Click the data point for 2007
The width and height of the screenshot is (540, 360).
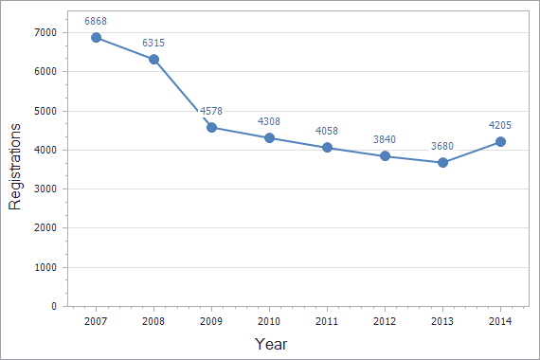(96, 37)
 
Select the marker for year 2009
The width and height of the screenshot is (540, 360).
(211, 127)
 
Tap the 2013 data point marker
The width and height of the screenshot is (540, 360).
(442, 162)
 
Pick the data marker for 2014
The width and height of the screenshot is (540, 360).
(500, 142)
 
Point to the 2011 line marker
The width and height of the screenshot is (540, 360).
(327, 148)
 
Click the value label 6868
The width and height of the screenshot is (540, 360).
(96, 20)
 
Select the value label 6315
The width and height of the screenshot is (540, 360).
(153, 43)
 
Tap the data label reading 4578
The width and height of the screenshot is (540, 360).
(211, 111)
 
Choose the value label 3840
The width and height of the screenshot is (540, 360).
(385, 139)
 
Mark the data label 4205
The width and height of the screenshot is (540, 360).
(500, 124)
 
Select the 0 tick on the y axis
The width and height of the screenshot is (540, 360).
(53, 307)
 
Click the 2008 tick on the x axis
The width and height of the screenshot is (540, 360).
(153, 322)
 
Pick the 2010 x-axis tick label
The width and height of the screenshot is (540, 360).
(269, 322)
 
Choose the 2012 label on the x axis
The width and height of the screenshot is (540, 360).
(385, 322)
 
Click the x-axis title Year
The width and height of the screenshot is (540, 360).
(271, 344)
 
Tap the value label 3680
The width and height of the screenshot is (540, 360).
(442, 145)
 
